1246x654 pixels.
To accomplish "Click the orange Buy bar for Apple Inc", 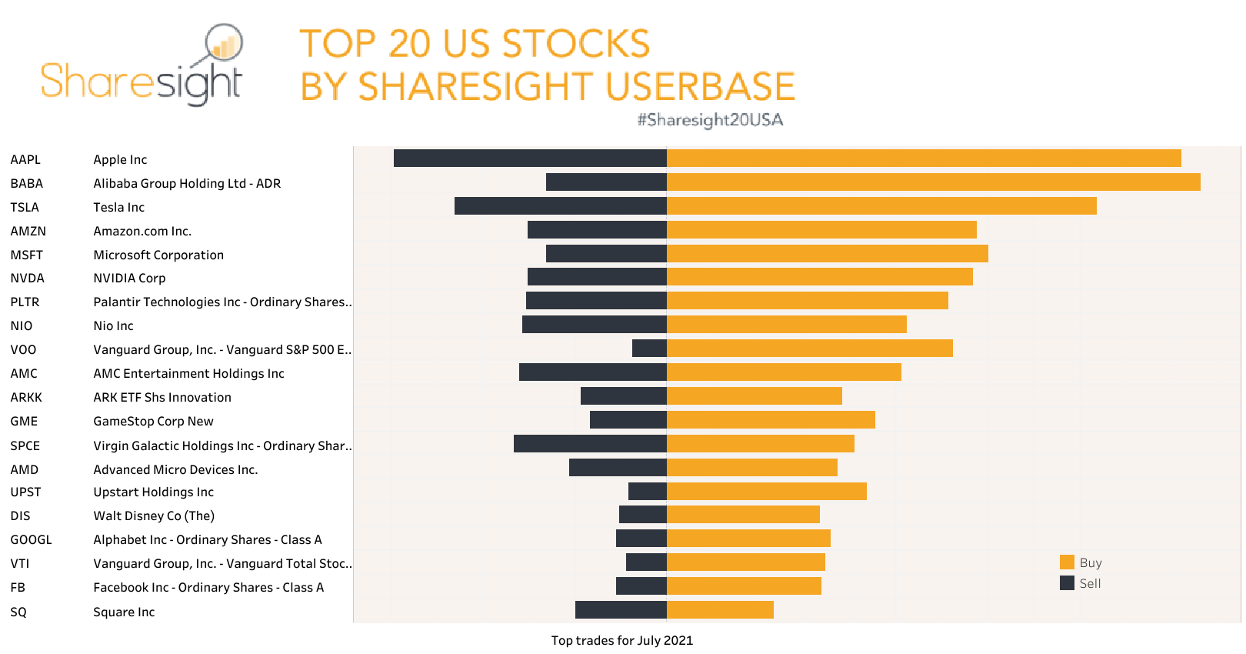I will click(x=923, y=158).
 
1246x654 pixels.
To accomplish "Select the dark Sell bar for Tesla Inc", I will click(x=560, y=206).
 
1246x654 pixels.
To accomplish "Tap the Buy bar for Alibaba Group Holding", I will click(x=933, y=182).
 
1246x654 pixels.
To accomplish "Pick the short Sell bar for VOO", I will click(x=649, y=349).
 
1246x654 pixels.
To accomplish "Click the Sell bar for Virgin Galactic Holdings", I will click(x=590, y=444).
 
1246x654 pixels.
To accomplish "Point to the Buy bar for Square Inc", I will click(x=720, y=610).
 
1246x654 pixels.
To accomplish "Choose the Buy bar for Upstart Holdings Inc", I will click(x=766, y=491).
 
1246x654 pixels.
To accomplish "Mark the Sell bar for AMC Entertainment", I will click(x=592, y=372).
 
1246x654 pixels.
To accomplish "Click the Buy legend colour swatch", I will click(x=1067, y=562).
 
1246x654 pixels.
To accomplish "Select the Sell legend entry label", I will click(x=1090, y=583).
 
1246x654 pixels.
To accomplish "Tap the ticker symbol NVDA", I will click(x=27, y=278).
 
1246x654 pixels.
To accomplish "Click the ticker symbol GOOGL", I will click(x=31, y=539).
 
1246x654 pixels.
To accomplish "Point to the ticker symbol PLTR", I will click(x=25, y=302).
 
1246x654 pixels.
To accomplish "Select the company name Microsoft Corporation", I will click(x=158, y=255).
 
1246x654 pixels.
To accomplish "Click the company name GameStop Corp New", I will click(x=153, y=421).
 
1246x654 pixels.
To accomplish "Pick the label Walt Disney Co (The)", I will click(x=154, y=516).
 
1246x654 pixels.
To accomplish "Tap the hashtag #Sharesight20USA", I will click(x=709, y=120).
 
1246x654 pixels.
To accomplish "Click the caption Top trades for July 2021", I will click(x=621, y=640).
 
